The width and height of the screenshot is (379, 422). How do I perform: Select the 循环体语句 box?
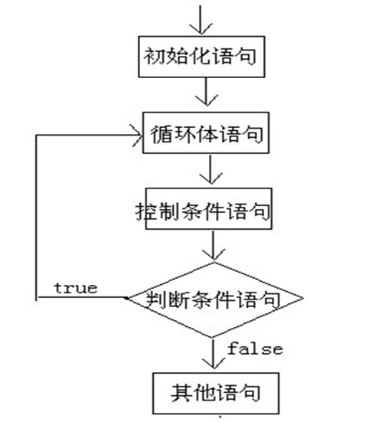[205, 136]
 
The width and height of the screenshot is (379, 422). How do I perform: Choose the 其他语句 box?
[212, 394]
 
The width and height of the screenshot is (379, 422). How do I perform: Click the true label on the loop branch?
[75, 288]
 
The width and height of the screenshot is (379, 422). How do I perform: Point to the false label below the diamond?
[254, 349]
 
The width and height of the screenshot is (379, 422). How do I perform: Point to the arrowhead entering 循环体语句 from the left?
[138, 136]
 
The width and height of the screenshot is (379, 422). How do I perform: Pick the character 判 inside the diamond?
[162, 298]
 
